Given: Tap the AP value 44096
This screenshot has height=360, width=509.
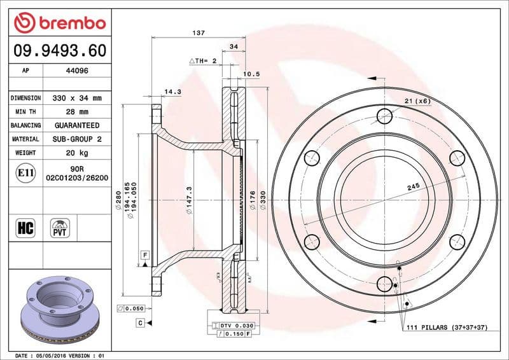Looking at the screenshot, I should tap(76, 71).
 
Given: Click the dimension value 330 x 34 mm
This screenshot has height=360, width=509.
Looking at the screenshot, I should tap(76, 99).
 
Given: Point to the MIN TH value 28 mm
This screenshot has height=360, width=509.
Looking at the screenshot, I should tap(76, 112).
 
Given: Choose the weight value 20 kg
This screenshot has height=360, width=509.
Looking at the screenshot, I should tap(76, 153).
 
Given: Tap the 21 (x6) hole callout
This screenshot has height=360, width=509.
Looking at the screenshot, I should tap(417, 101).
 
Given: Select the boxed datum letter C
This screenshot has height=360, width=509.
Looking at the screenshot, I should tap(139, 323).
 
